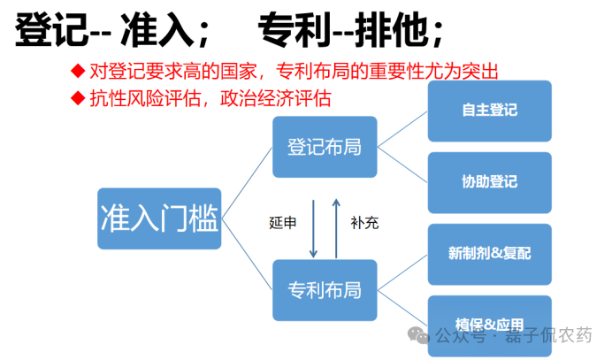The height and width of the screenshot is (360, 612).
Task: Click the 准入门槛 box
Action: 159,218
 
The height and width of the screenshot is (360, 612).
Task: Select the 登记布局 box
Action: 325,147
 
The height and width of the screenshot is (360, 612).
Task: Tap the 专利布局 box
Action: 325,290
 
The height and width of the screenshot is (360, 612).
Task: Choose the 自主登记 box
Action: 489,111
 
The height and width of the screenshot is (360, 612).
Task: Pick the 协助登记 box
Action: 489,182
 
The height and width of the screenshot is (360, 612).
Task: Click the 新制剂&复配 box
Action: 489,254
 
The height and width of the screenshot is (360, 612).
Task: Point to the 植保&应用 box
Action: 489,324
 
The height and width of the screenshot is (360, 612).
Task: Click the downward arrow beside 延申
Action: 312,226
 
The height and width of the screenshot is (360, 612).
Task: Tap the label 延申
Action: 283,223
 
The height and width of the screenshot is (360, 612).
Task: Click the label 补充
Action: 364,223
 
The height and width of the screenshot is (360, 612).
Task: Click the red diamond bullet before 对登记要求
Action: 78,71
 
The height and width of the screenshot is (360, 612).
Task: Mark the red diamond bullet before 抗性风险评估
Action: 78,96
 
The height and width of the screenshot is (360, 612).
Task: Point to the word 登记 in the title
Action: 52,31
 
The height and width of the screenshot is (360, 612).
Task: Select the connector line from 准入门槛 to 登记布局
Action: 248,182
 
